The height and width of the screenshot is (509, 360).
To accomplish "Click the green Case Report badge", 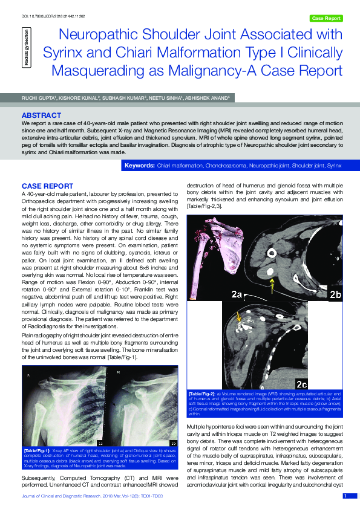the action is click(x=326, y=18).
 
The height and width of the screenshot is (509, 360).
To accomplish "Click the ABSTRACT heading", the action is click(x=41, y=115).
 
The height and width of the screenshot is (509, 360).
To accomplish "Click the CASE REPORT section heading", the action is click(x=47, y=186).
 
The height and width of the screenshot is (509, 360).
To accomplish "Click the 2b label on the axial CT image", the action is click(x=335, y=294).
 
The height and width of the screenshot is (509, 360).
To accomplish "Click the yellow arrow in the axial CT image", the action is click(x=272, y=282).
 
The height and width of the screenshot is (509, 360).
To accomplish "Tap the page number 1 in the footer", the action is click(x=345, y=496).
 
